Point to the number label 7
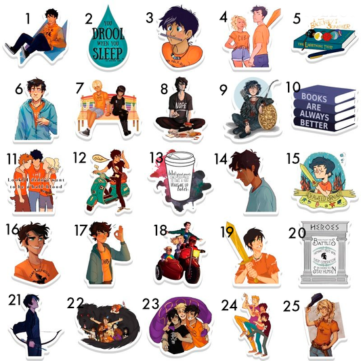(80, 88)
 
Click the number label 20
(297, 232)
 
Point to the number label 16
(13, 229)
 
